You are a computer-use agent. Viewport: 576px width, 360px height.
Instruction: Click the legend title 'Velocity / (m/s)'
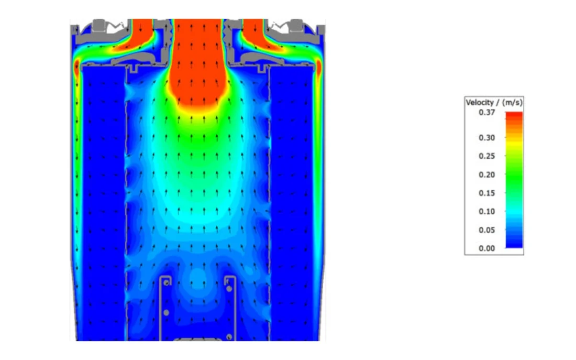(494, 103)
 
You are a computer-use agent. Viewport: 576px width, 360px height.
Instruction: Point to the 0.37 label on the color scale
(487, 113)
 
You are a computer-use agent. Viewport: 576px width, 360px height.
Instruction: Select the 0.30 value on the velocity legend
(487, 138)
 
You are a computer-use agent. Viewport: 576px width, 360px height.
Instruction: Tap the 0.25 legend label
(487, 156)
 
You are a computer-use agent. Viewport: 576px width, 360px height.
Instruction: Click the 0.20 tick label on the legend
(487, 174)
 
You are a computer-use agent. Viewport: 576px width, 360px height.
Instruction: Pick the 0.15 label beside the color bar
(487, 193)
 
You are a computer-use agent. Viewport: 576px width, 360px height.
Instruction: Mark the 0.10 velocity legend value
(487, 211)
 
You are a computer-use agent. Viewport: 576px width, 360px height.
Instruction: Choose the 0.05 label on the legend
(487, 230)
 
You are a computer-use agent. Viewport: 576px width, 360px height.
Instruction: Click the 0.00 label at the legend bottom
(487, 248)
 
